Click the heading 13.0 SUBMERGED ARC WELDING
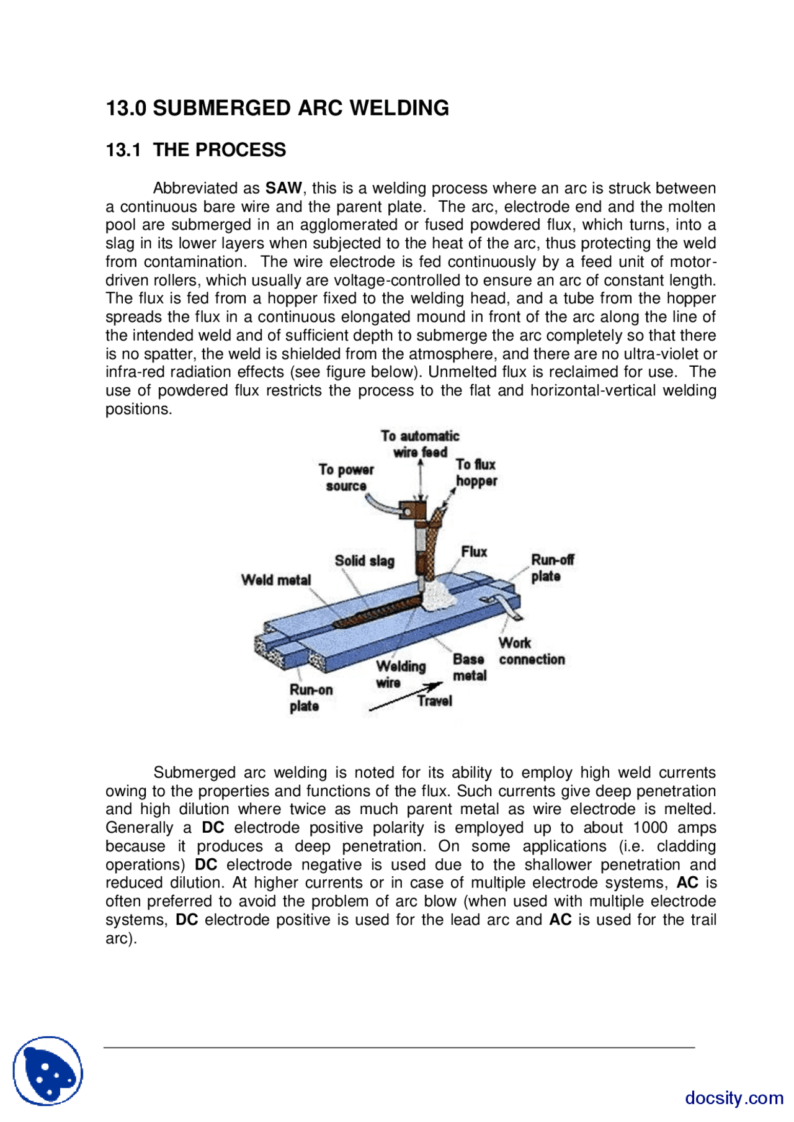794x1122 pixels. tap(277, 108)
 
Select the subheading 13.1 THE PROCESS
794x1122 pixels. tap(195, 150)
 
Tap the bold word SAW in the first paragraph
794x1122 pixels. tap(283, 188)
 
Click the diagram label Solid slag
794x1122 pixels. tap(364, 561)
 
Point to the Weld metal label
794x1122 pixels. tap(276, 580)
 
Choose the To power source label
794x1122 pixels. tap(346, 478)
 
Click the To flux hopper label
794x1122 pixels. tap(476, 473)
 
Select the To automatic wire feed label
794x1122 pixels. tap(420, 444)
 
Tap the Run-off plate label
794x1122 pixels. tap(552, 568)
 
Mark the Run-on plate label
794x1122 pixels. tap(311, 698)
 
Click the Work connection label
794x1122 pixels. tap(532, 652)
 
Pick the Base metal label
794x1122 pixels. tap(469, 668)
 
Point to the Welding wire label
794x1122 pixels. tap(400, 675)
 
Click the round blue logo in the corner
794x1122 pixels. tap(48, 1070)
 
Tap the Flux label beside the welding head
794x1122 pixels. tap(474, 552)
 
